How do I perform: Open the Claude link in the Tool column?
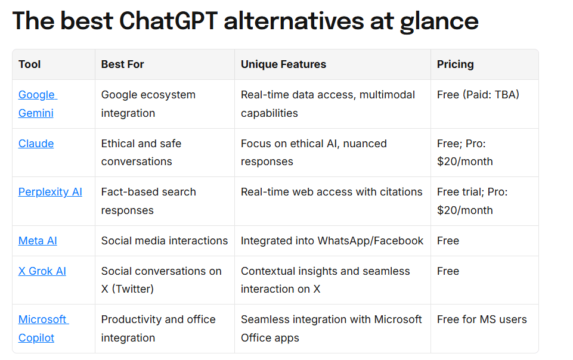click(x=36, y=144)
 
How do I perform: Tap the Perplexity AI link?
click(x=50, y=192)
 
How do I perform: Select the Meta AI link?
click(x=38, y=241)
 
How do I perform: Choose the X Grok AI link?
click(x=42, y=271)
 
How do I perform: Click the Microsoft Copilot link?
click(x=43, y=328)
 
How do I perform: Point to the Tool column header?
click(x=30, y=64)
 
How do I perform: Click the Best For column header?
click(x=122, y=64)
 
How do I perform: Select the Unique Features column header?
click(x=283, y=64)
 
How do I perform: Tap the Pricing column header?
click(x=456, y=64)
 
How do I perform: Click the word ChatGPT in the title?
click(x=169, y=20)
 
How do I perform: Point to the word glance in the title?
click(x=439, y=22)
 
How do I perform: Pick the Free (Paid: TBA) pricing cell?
click(x=478, y=95)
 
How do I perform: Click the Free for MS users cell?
click(x=482, y=319)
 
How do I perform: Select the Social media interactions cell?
click(x=165, y=241)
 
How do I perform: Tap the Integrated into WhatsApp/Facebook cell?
click(x=332, y=241)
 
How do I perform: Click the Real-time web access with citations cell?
click(x=332, y=192)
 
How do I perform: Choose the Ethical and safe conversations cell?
click(x=141, y=153)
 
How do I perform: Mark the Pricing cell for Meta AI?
click(x=448, y=241)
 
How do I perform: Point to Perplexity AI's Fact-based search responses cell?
click(x=148, y=201)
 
